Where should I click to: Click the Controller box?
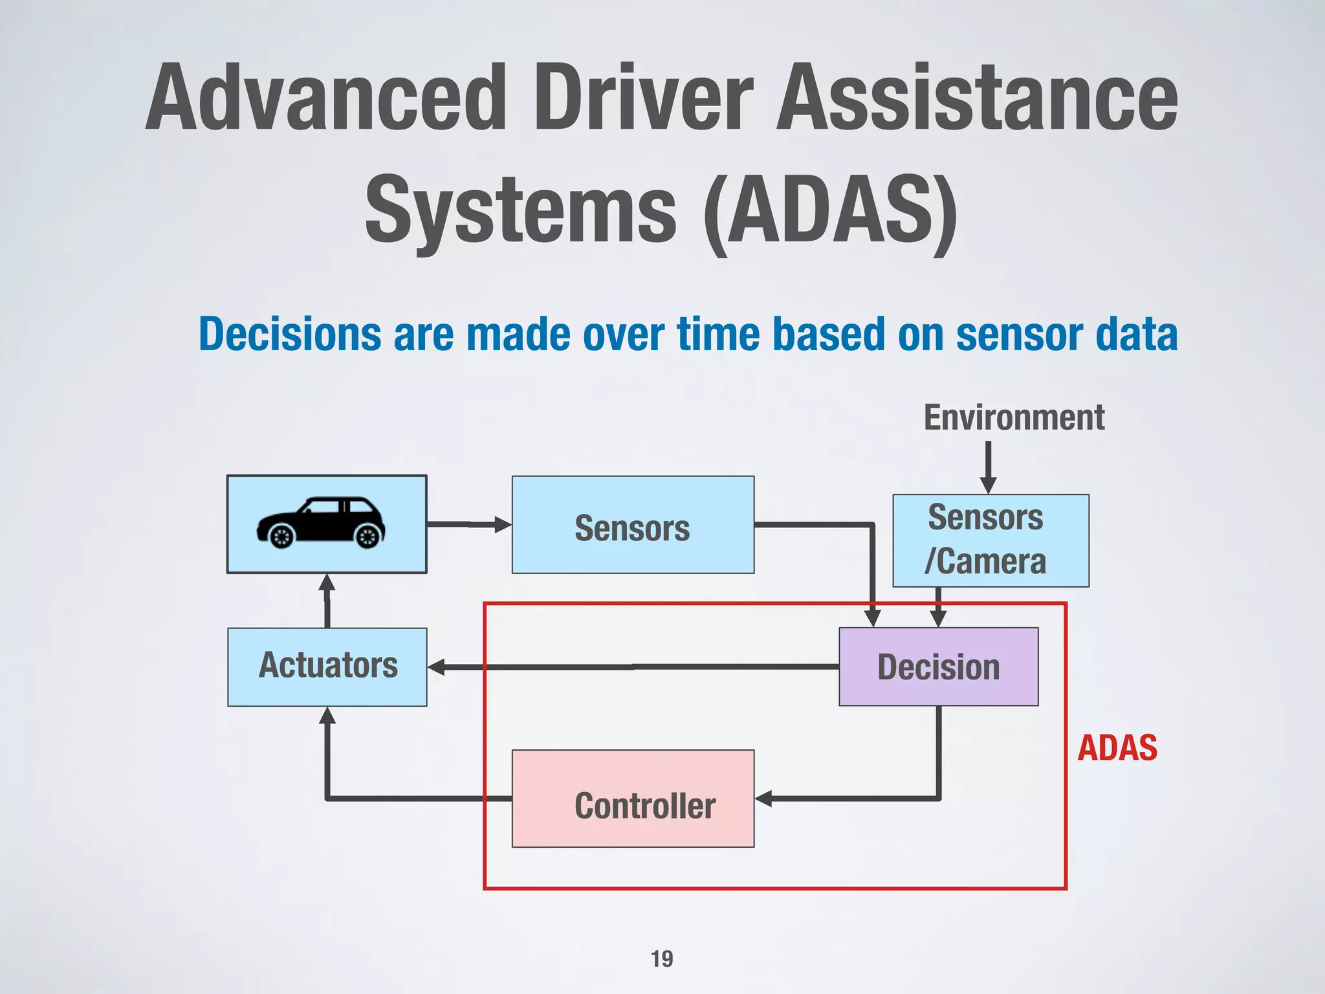(633, 799)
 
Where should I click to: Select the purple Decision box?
(938, 667)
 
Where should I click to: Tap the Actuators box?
(327, 667)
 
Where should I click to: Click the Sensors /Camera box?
(991, 540)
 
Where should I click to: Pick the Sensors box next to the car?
(633, 525)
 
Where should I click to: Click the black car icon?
(321, 523)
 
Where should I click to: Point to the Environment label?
(1014, 417)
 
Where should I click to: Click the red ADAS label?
(1117, 748)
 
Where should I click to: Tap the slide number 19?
(662, 958)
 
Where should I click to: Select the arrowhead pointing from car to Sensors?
(502, 524)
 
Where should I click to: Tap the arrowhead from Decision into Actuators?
(437, 667)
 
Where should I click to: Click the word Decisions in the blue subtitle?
(290, 335)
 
